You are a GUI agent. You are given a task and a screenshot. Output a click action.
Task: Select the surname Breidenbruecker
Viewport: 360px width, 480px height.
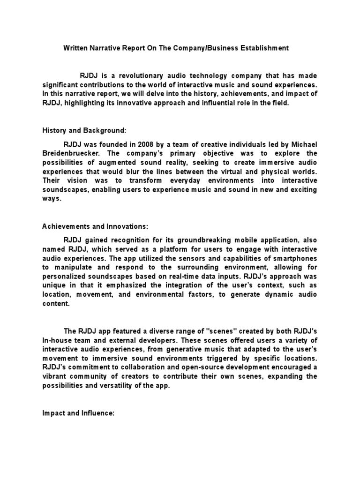(x=70, y=153)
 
